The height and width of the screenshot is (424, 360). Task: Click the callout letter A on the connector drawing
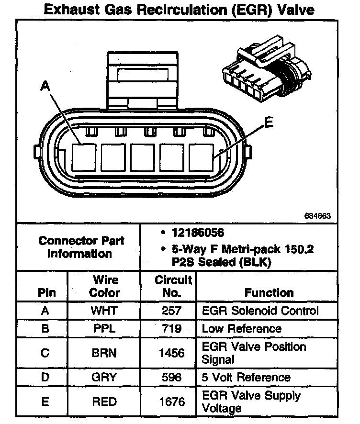coord(45,86)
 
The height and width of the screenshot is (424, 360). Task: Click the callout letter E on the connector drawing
coord(269,123)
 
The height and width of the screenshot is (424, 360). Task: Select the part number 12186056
coord(198,233)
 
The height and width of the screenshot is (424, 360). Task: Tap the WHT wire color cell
coord(104,311)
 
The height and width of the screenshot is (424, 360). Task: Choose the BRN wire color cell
coord(104,353)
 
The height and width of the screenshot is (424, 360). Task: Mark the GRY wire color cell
coord(104,377)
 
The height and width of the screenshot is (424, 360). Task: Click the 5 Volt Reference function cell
coord(246,377)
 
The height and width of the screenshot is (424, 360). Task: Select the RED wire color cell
coord(104,402)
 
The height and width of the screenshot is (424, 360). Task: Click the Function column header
coord(269,292)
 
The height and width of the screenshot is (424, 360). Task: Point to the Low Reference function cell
coord(241,329)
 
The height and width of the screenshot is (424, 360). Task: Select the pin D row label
coord(45,377)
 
